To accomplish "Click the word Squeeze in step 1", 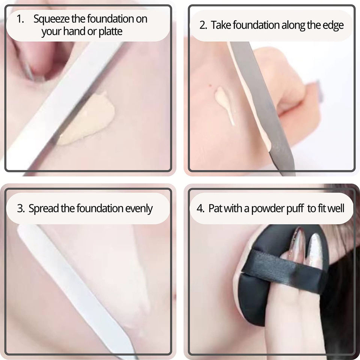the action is (51, 19).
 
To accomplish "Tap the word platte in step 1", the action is (110, 31).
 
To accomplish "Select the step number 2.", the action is (203, 25).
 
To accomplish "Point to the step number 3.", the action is (21, 208).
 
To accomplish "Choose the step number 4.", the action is (200, 208).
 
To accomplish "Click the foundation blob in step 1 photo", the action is (87, 119).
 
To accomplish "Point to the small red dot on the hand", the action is (210, 86).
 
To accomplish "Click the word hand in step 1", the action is (74, 31).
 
